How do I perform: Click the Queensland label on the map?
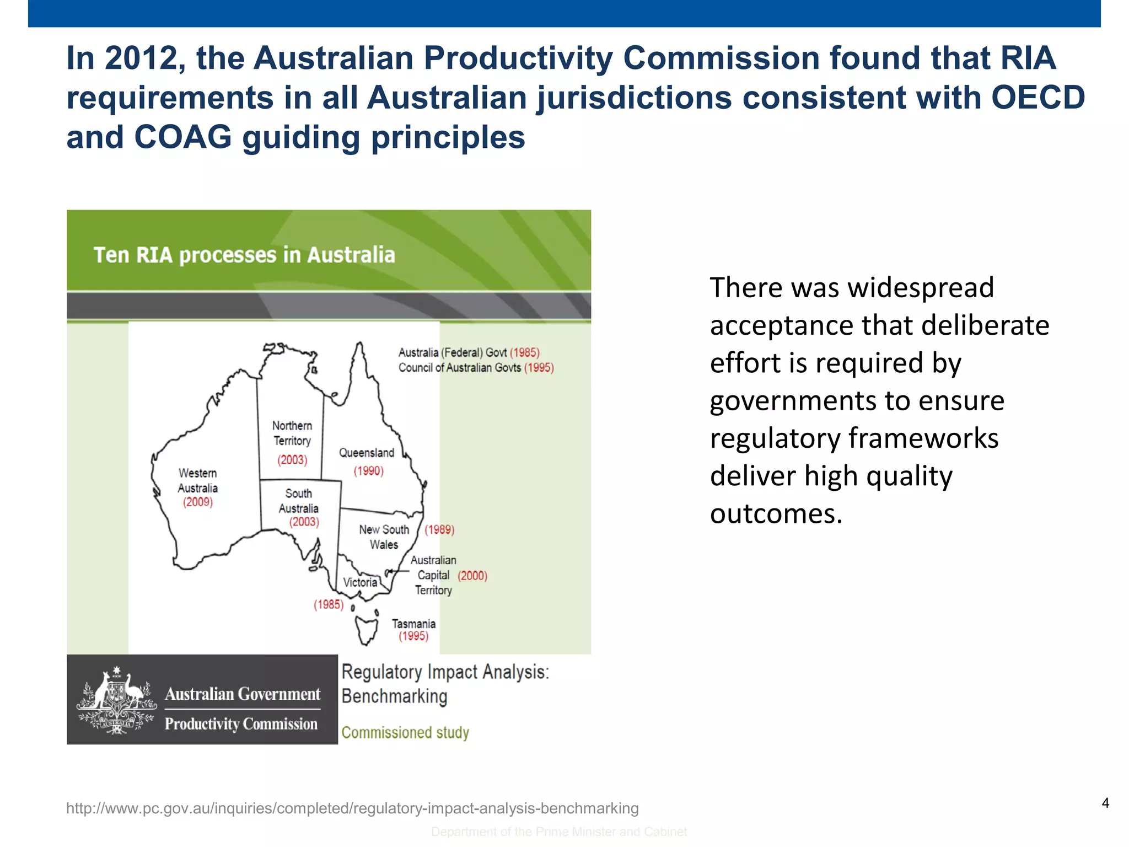(x=366, y=453)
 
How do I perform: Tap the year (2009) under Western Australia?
(x=198, y=502)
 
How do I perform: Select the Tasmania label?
(x=413, y=624)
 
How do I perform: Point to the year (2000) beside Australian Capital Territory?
(x=472, y=576)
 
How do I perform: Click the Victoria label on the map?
(x=360, y=582)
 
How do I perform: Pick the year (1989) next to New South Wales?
(x=439, y=530)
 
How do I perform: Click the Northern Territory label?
(x=292, y=433)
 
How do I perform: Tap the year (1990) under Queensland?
(x=368, y=471)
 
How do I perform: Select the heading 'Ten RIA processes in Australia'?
(x=244, y=255)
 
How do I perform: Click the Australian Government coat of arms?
(x=116, y=700)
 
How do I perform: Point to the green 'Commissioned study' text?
(x=405, y=732)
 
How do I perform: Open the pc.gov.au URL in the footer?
(x=352, y=808)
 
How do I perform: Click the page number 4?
(x=1105, y=803)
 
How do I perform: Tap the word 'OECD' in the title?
(x=1038, y=98)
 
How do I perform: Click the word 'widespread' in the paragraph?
(x=921, y=288)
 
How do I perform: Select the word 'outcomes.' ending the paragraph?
(x=776, y=514)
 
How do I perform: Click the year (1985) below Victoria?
(x=329, y=604)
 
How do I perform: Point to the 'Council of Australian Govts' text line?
(x=460, y=368)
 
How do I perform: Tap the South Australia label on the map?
(x=298, y=501)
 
